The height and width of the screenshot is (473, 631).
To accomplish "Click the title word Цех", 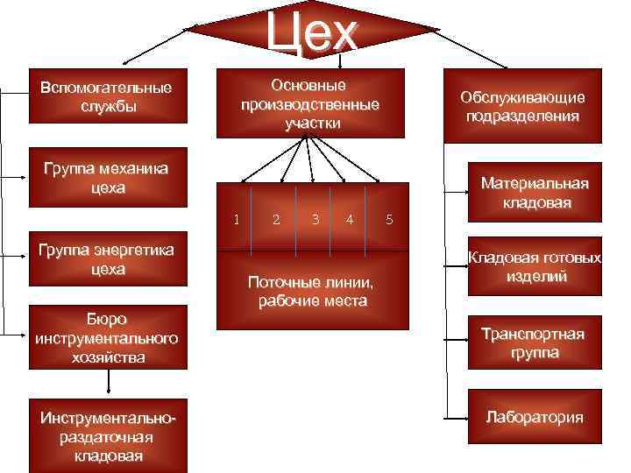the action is coord(313,32).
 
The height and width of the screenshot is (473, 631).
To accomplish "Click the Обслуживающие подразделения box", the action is coord(522,106).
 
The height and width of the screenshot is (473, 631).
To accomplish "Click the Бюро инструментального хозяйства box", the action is coord(107,336).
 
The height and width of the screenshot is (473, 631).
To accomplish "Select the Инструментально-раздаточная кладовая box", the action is coord(107,435).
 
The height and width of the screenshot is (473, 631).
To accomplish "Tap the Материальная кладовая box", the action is coord(535,193).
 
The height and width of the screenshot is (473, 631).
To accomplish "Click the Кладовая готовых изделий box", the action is coord(535,267).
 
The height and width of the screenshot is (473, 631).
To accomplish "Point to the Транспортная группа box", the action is coord(535,343).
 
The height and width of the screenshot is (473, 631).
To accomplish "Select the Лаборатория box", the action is coord(535,417).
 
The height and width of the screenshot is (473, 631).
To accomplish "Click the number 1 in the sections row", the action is coord(237,217).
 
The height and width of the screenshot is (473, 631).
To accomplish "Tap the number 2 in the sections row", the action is coord(276,219).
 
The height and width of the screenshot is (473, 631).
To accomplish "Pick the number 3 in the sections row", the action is coord(315,218).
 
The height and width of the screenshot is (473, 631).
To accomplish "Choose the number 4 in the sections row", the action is coord(350,219).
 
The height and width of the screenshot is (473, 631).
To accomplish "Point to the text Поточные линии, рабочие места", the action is coord(312,293).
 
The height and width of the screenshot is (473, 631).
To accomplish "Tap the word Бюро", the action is coord(107,319).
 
